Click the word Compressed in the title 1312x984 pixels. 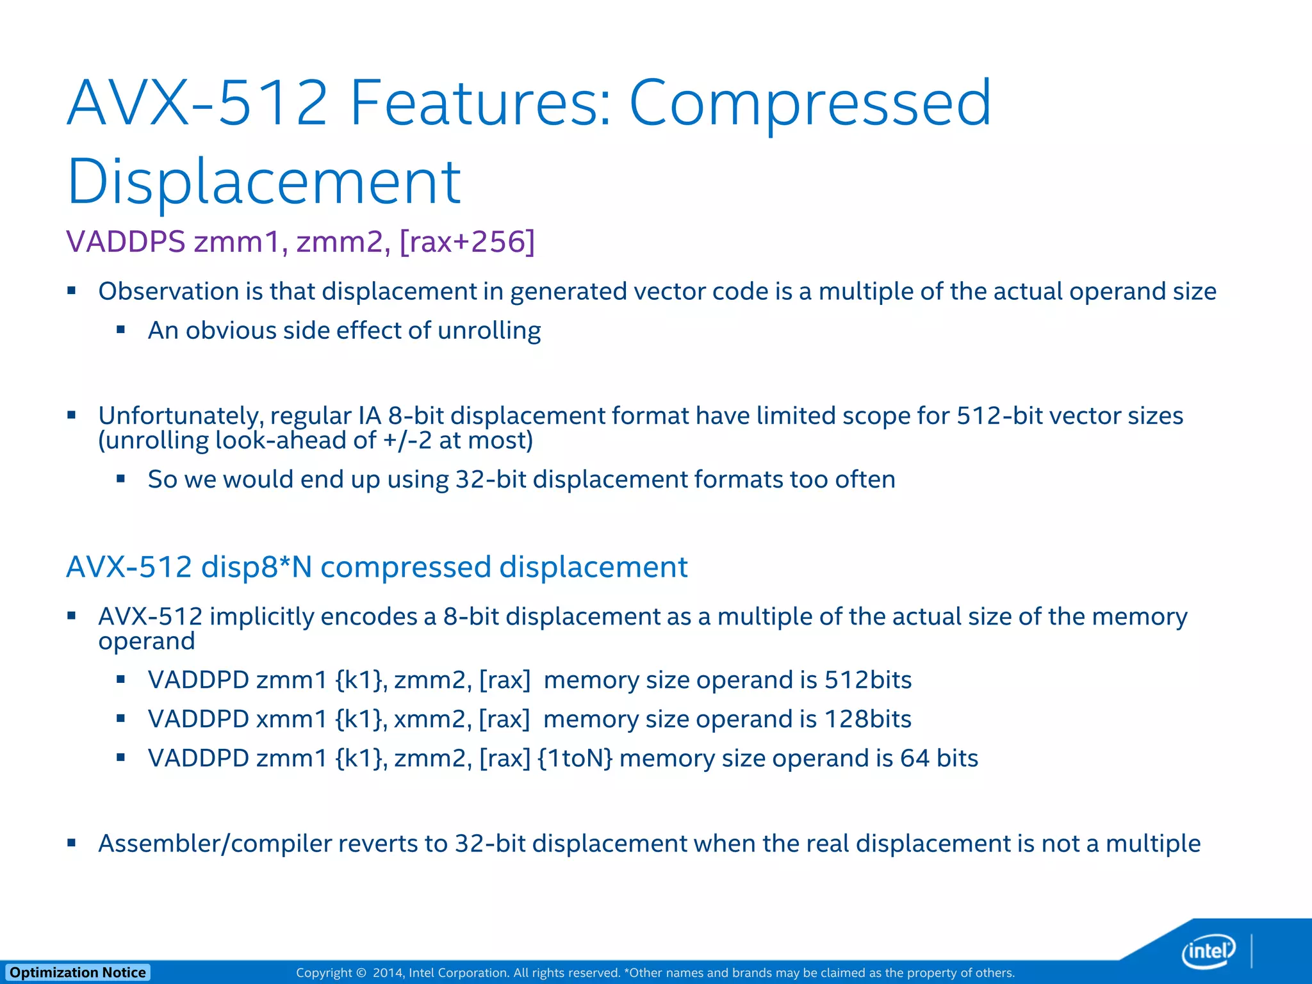point(810,102)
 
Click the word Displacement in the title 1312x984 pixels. point(263,182)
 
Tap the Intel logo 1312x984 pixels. point(1208,951)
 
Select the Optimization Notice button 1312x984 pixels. point(78,972)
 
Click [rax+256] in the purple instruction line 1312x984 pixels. point(467,242)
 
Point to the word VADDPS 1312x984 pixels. point(126,242)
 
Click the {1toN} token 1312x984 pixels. point(575,758)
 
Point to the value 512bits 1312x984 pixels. point(868,680)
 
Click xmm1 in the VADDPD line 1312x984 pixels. point(291,719)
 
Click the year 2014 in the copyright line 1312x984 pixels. point(387,973)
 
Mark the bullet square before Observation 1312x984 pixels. point(72,291)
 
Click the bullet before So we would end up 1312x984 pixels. point(121,479)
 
